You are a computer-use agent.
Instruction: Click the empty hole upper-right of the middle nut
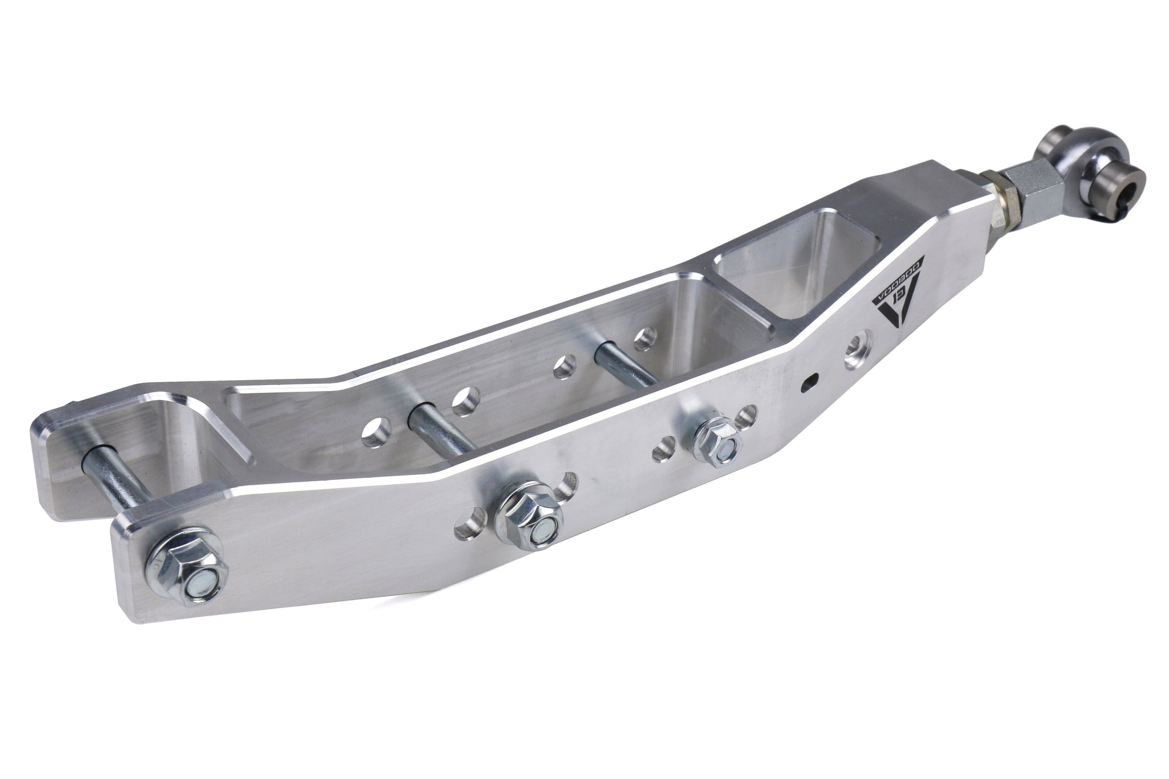point(565,484)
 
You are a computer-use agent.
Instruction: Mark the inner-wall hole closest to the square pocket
point(645,338)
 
